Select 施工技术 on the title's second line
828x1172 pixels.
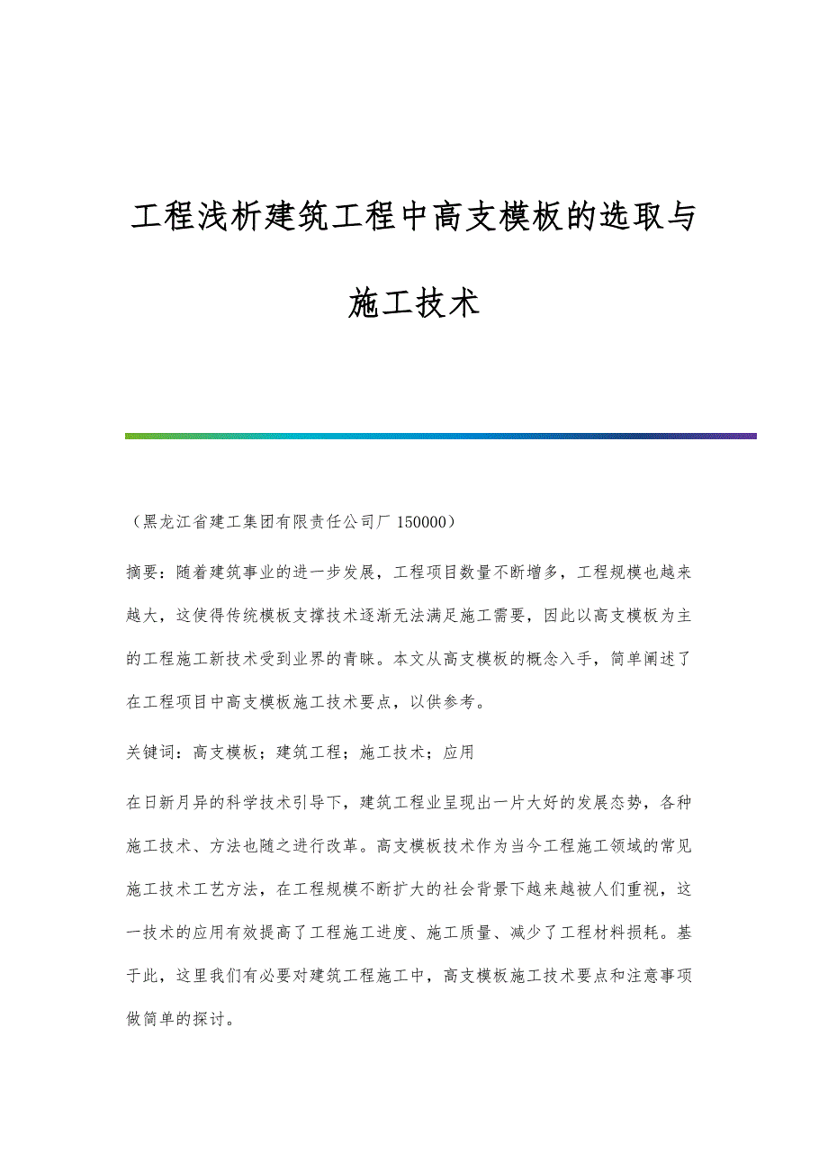[x=413, y=303]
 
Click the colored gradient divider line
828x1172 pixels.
[x=441, y=436]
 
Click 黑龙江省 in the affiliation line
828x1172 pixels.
[x=176, y=521]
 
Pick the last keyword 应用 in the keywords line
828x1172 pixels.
[x=459, y=752]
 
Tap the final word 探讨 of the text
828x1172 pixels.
[x=216, y=1022]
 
